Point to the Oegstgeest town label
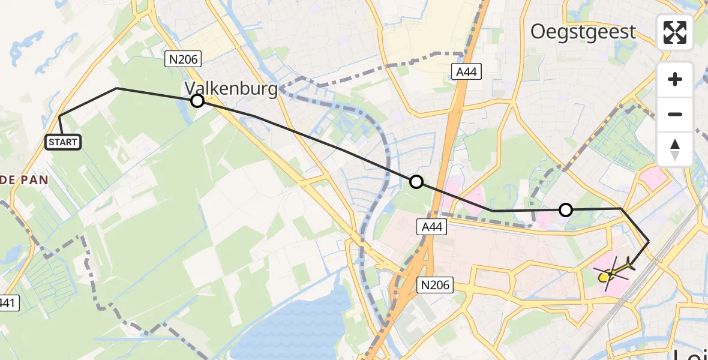[583, 32]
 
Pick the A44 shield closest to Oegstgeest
[465, 72]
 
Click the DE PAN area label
[24, 179]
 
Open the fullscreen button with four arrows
[675, 32]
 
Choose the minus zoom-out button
[675, 114]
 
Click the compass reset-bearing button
[675, 149]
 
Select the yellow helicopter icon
[613, 273]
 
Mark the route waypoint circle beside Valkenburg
[197, 101]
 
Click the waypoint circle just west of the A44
[416, 182]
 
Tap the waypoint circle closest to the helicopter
[565, 210]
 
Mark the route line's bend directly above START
[60, 116]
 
